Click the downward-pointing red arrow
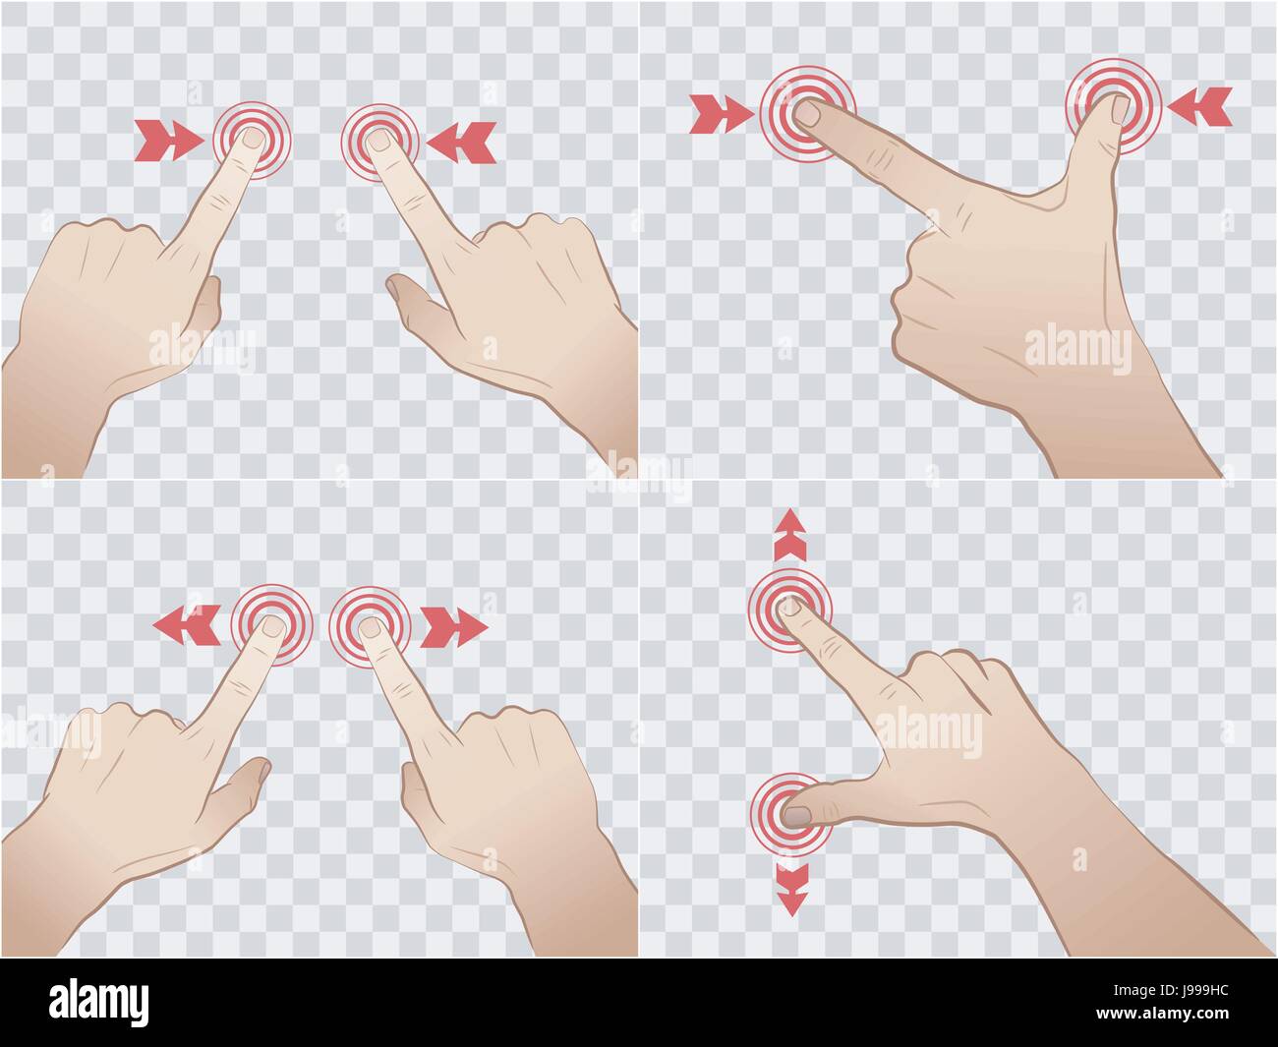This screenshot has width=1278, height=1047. click(790, 888)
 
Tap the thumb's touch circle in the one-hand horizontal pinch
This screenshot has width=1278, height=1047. click(1114, 106)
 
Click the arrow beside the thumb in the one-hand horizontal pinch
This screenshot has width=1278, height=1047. click(1200, 106)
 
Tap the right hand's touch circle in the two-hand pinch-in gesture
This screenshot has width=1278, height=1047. click(380, 141)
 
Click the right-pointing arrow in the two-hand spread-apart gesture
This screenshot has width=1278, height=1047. click(453, 627)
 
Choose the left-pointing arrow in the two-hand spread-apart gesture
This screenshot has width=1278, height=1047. click(187, 624)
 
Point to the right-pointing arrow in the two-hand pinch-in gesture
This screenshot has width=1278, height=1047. click(168, 141)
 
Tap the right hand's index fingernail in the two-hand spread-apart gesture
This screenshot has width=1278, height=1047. click(370, 626)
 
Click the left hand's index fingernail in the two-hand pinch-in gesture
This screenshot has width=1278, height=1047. click(252, 137)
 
